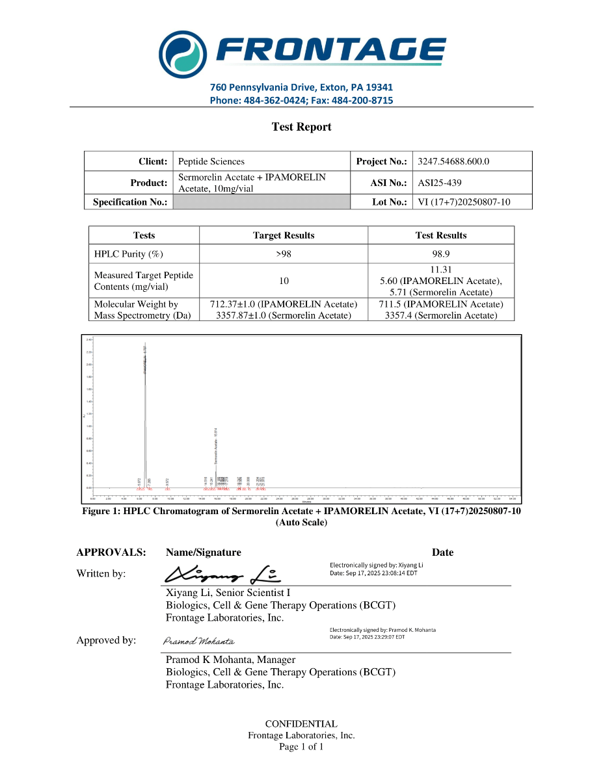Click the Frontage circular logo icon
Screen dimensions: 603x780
point(183,53)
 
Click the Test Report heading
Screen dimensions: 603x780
point(301,127)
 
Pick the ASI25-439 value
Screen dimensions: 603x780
point(440,183)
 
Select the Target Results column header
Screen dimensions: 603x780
point(283,235)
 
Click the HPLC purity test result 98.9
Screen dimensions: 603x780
point(441,254)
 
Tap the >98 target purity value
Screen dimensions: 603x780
point(283,254)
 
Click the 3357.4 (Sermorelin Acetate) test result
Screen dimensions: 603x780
point(441,315)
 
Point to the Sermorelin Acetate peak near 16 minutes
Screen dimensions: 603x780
point(216,455)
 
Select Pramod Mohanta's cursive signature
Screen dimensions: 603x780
point(198,642)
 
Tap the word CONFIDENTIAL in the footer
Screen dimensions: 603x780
point(301,723)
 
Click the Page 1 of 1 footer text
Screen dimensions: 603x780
point(301,747)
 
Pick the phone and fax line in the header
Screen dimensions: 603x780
point(301,101)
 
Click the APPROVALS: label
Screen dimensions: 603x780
point(111,552)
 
